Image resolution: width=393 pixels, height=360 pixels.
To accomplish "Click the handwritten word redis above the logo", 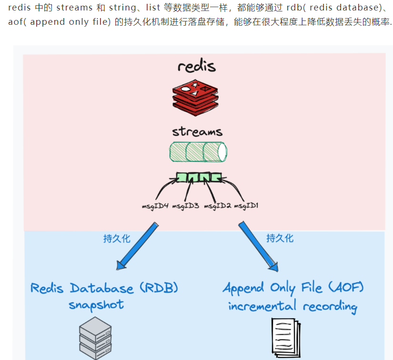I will tap(196, 66).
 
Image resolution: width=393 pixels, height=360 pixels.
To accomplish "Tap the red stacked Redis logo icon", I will tap(195, 97).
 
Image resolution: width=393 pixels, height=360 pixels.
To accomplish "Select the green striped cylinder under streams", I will tap(198, 152).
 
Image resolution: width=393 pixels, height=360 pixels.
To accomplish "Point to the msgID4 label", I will tap(155, 206).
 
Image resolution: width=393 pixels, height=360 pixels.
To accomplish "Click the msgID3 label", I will tap(185, 206).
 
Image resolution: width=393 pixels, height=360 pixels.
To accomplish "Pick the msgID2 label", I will tap(218, 206).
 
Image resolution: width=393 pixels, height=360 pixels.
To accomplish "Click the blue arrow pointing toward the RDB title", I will tap(136, 245).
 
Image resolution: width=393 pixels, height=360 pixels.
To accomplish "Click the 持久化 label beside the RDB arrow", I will tap(117, 239).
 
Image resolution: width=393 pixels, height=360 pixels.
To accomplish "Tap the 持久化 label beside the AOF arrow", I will tap(280, 238).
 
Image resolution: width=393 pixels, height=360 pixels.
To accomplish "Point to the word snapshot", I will tap(96, 305).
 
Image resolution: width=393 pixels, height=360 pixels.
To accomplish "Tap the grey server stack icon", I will tap(95, 339).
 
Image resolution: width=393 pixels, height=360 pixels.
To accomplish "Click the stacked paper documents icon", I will tap(286, 339).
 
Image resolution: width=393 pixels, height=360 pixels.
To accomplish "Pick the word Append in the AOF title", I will tap(243, 289).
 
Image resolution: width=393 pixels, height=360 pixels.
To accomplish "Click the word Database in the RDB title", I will tap(102, 288).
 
